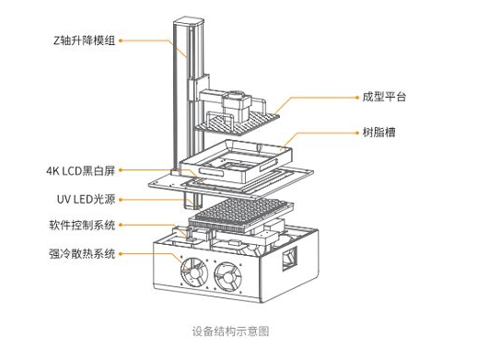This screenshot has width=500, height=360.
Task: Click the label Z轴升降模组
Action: tap(84, 41)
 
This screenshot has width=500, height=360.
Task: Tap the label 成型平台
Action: tap(384, 97)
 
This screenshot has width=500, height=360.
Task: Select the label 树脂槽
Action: tap(378, 133)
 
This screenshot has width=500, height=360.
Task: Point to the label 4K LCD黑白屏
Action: tap(81, 171)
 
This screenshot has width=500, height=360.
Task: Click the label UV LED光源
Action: tap(86, 199)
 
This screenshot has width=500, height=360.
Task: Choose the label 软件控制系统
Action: tap(82, 226)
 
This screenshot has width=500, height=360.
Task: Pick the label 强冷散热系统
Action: tap(82, 254)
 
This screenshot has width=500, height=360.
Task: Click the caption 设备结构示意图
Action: tap(230, 331)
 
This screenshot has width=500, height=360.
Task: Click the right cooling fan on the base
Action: tap(227, 277)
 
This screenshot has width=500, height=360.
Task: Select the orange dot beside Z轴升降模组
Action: tap(121, 41)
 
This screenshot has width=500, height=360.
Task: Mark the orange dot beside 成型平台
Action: tap(357, 98)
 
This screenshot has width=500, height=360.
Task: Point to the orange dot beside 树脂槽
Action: tap(357, 133)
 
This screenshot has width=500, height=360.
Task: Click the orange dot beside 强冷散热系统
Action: tap(121, 254)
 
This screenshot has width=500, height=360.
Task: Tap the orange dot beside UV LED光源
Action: tap(121, 200)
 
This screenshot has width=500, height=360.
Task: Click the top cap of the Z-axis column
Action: tap(189, 22)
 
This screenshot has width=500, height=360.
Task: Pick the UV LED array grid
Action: tap(240, 213)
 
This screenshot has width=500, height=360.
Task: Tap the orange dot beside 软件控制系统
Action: tap(121, 226)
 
